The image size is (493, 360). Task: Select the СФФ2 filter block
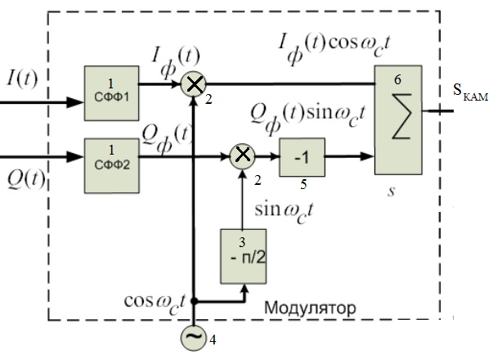tap(112, 153)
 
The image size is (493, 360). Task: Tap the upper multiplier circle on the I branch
tap(193, 83)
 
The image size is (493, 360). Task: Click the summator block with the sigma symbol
tap(398, 118)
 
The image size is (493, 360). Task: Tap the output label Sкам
tap(470, 92)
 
